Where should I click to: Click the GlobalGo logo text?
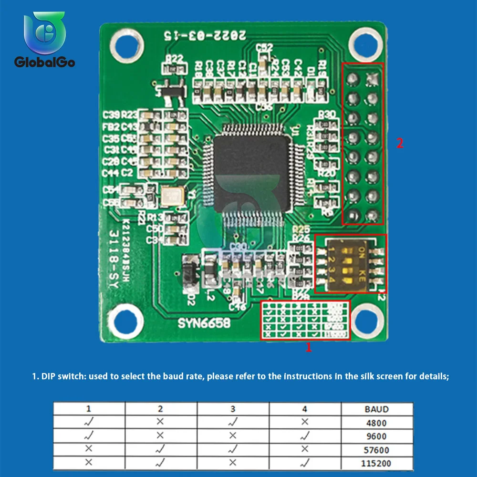(x=44, y=62)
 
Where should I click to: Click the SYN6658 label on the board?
(x=204, y=323)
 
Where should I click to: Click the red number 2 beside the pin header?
(x=400, y=143)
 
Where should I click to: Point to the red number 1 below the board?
(x=309, y=348)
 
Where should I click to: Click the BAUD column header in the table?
(x=376, y=409)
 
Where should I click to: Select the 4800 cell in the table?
(x=376, y=423)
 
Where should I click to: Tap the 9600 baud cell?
(x=376, y=436)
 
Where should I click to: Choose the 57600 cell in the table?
(x=376, y=450)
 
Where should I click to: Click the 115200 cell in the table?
(x=376, y=463)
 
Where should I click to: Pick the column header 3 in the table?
(x=233, y=409)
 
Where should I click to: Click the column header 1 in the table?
(x=89, y=409)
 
